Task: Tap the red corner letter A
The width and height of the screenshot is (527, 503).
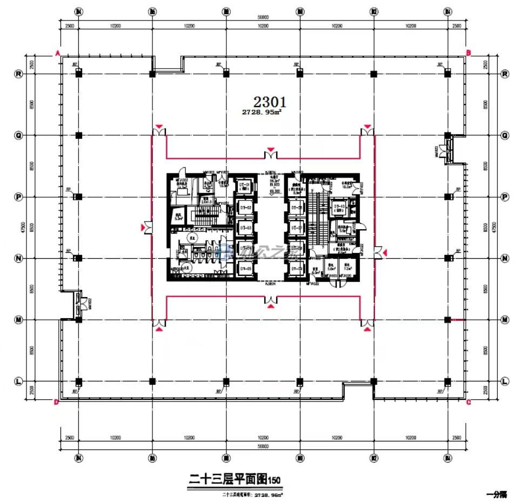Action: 57,52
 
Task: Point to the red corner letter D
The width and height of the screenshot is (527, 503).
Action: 56,402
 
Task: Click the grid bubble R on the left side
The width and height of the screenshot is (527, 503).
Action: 18,74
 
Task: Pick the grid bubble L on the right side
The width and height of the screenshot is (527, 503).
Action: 505,381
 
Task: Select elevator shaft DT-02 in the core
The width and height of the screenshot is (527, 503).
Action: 245,208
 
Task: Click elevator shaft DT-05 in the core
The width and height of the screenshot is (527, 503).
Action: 245,267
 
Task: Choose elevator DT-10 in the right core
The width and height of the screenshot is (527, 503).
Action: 339,207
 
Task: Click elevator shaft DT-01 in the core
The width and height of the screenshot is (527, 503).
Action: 245,187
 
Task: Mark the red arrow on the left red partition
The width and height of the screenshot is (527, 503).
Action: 144,228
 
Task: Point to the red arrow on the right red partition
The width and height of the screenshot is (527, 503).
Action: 384,252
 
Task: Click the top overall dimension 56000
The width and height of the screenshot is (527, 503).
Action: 263,18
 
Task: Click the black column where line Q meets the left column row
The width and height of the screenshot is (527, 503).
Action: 79,136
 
